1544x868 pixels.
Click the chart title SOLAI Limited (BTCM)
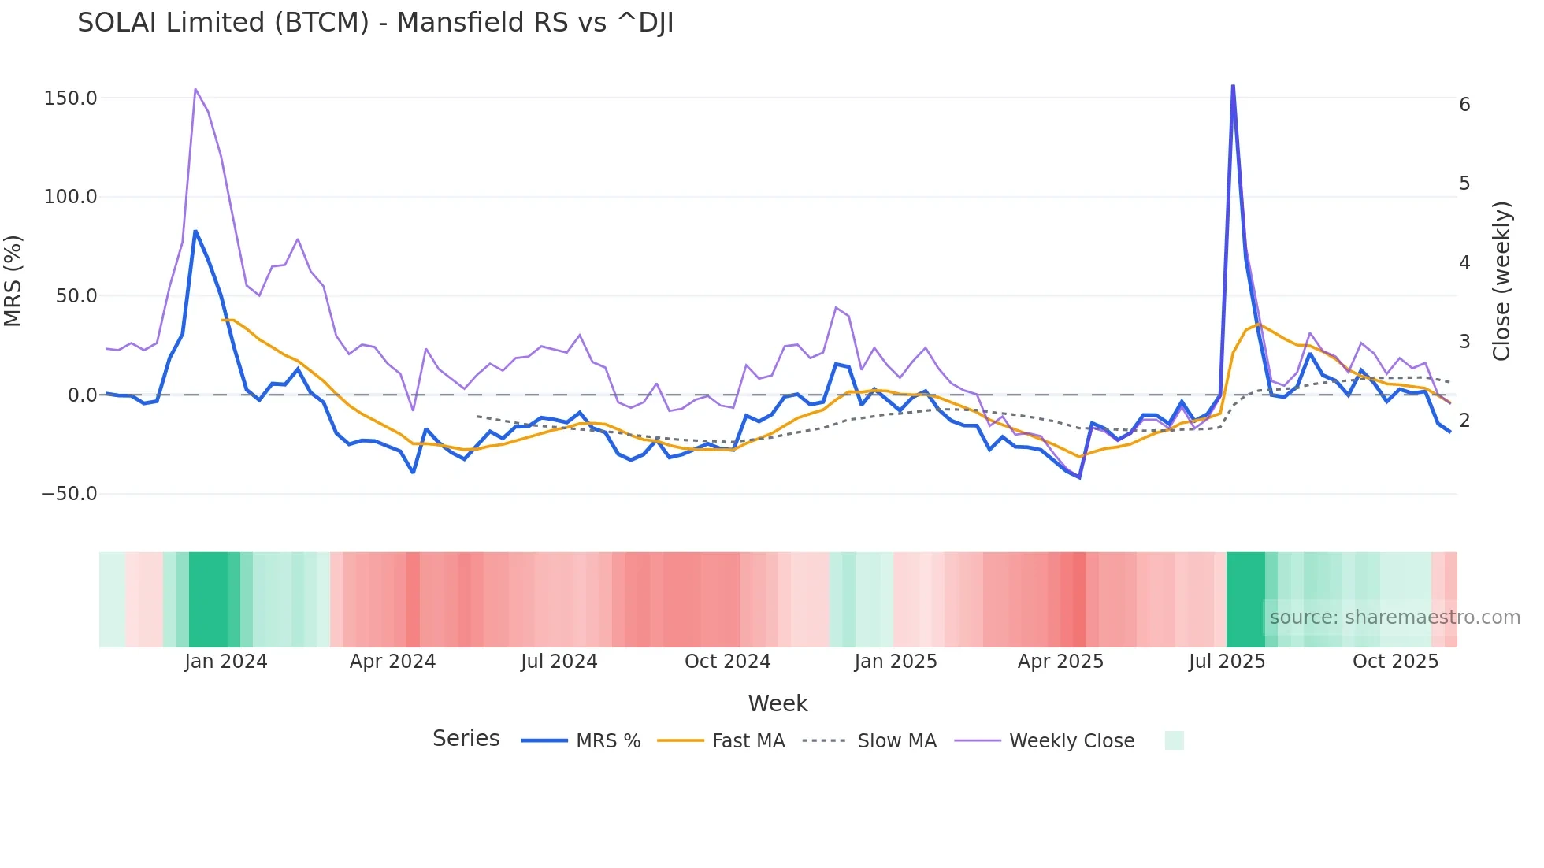tap(375, 23)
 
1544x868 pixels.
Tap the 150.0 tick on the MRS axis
tap(71, 98)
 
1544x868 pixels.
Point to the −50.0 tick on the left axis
tap(69, 494)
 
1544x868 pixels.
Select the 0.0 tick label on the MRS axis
tap(82, 395)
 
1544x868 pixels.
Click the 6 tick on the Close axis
tap(1464, 105)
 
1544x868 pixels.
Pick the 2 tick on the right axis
tap(1464, 421)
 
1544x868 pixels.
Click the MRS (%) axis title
tap(13, 280)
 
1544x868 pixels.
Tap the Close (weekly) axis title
tap(1501, 280)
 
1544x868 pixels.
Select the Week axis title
tap(778, 703)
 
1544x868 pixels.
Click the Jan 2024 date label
tap(226, 662)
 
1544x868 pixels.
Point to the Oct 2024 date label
tap(727, 662)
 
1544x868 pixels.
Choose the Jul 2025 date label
tap(1227, 662)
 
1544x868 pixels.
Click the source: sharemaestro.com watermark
tap(1394, 618)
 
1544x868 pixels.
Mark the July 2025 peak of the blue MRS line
tap(1233, 86)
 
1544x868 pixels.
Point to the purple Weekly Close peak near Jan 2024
tap(195, 90)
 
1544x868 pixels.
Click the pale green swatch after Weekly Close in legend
tap(1174, 740)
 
